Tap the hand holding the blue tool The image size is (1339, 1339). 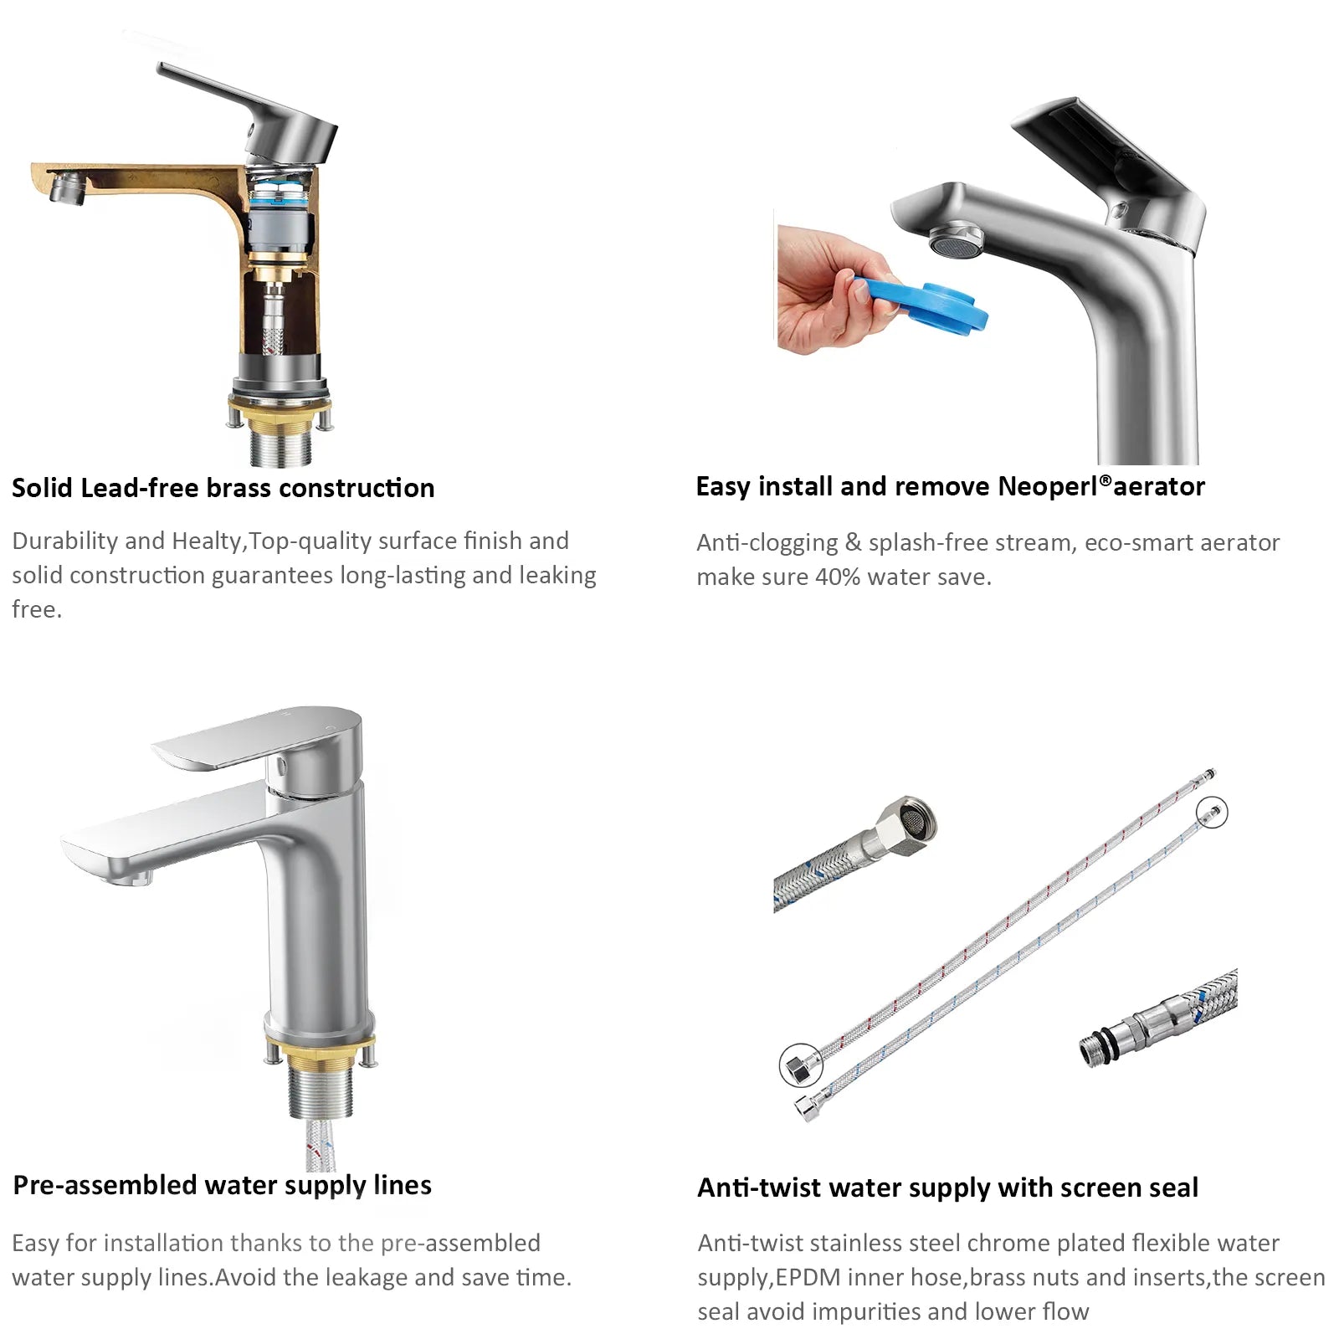click(x=829, y=289)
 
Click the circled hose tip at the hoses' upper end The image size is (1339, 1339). click(x=1212, y=811)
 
